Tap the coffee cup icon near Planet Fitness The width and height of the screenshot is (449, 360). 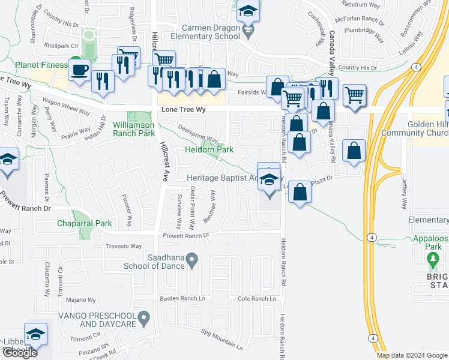(79, 70)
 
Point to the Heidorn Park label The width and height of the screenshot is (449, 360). (209, 149)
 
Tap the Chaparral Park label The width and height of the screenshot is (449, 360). (85, 224)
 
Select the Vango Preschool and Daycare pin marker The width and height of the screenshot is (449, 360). (143, 317)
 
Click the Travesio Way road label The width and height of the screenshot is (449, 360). (124, 246)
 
